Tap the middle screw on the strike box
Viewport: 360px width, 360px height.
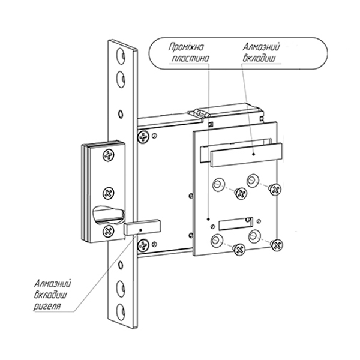(x=109, y=193)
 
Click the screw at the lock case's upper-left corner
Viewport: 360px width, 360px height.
(x=145, y=137)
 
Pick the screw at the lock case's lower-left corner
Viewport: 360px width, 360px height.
(x=145, y=245)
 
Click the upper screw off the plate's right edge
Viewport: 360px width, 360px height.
(x=275, y=189)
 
